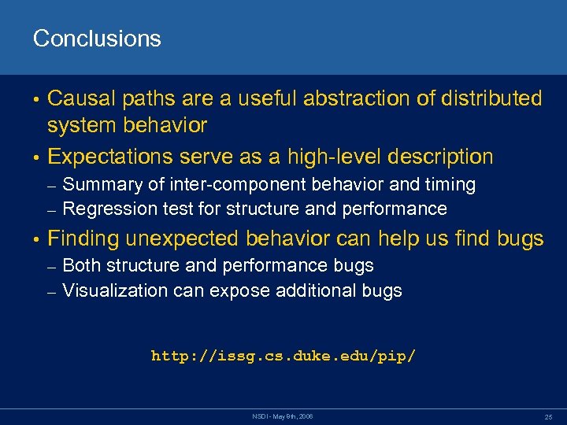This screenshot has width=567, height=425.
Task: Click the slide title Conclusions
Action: click(x=97, y=39)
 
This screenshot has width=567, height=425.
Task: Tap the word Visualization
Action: click(x=115, y=291)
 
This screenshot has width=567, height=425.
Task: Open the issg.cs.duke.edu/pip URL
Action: click(x=283, y=357)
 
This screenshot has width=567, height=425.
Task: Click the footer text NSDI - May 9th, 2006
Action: click(x=283, y=415)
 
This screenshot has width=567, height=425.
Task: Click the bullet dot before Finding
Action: click(x=36, y=239)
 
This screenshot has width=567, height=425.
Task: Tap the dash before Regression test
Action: click(x=52, y=210)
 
